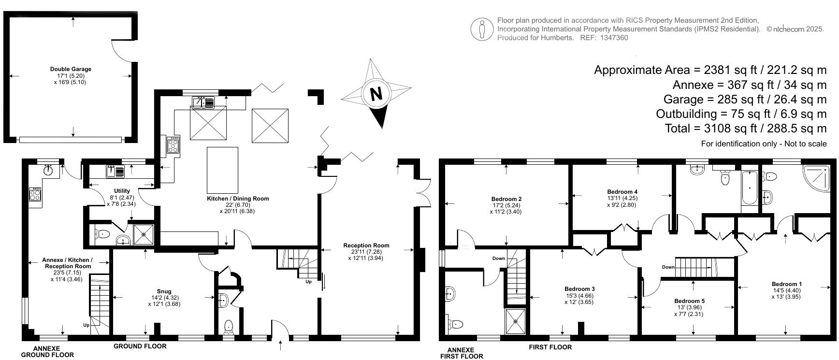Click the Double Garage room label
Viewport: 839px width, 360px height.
tap(71, 69)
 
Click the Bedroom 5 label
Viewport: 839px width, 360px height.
tap(689, 301)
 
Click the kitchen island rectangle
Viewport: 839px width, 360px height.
tap(222, 170)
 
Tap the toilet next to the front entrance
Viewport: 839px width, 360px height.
tap(229, 327)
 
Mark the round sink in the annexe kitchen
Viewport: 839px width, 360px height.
tap(48, 170)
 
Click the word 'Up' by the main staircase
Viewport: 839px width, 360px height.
tap(308, 281)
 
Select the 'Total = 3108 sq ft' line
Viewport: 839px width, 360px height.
tap(746, 129)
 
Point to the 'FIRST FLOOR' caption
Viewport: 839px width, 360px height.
tap(550, 347)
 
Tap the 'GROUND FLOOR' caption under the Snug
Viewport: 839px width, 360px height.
tap(140, 346)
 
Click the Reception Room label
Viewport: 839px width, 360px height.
tap(366, 245)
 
